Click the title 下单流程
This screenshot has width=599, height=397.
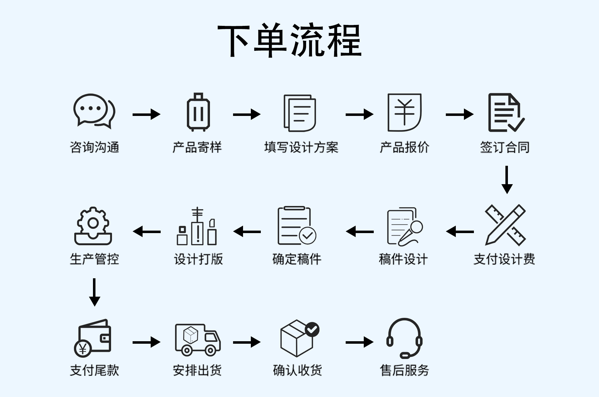pyautogui.click(x=290, y=41)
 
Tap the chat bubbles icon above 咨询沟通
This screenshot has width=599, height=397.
pyautogui.click(x=94, y=111)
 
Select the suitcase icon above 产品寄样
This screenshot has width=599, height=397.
pyautogui.click(x=198, y=112)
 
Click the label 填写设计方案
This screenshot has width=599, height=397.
pyautogui.click(x=301, y=147)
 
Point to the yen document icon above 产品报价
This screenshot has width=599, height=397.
pyautogui.click(x=404, y=112)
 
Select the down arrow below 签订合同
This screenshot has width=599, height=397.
pyautogui.click(x=507, y=180)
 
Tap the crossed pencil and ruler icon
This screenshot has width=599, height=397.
pyautogui.click(x=505, y=225)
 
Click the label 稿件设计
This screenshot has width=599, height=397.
pyautogui.click(x=403, y=259)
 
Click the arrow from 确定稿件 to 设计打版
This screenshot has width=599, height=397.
pyautogui.click(x=247, y=232)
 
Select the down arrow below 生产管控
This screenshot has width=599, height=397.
pyautogui.click(x=95, y=292)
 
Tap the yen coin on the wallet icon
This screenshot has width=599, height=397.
pyautogui.click(x=83, y=349)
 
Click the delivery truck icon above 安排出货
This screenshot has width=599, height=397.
pyautogui.click(x=198, y=340)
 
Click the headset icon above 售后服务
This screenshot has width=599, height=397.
pyautogui.click(x=404, y=338)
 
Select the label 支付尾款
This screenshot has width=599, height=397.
pyautogui.click(x=95, y=370)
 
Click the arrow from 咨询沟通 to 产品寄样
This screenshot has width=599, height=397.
pyautogui.click(x=146, y=114)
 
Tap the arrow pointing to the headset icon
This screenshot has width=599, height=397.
pyautogui.click(x=359, y=342)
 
